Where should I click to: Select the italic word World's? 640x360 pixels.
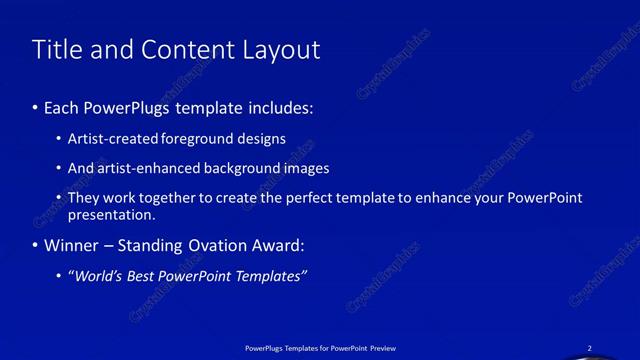click(x=97, y=276)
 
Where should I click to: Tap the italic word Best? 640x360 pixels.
click(x=146, y=276)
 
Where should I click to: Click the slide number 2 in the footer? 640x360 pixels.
click(x=589, y=348)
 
